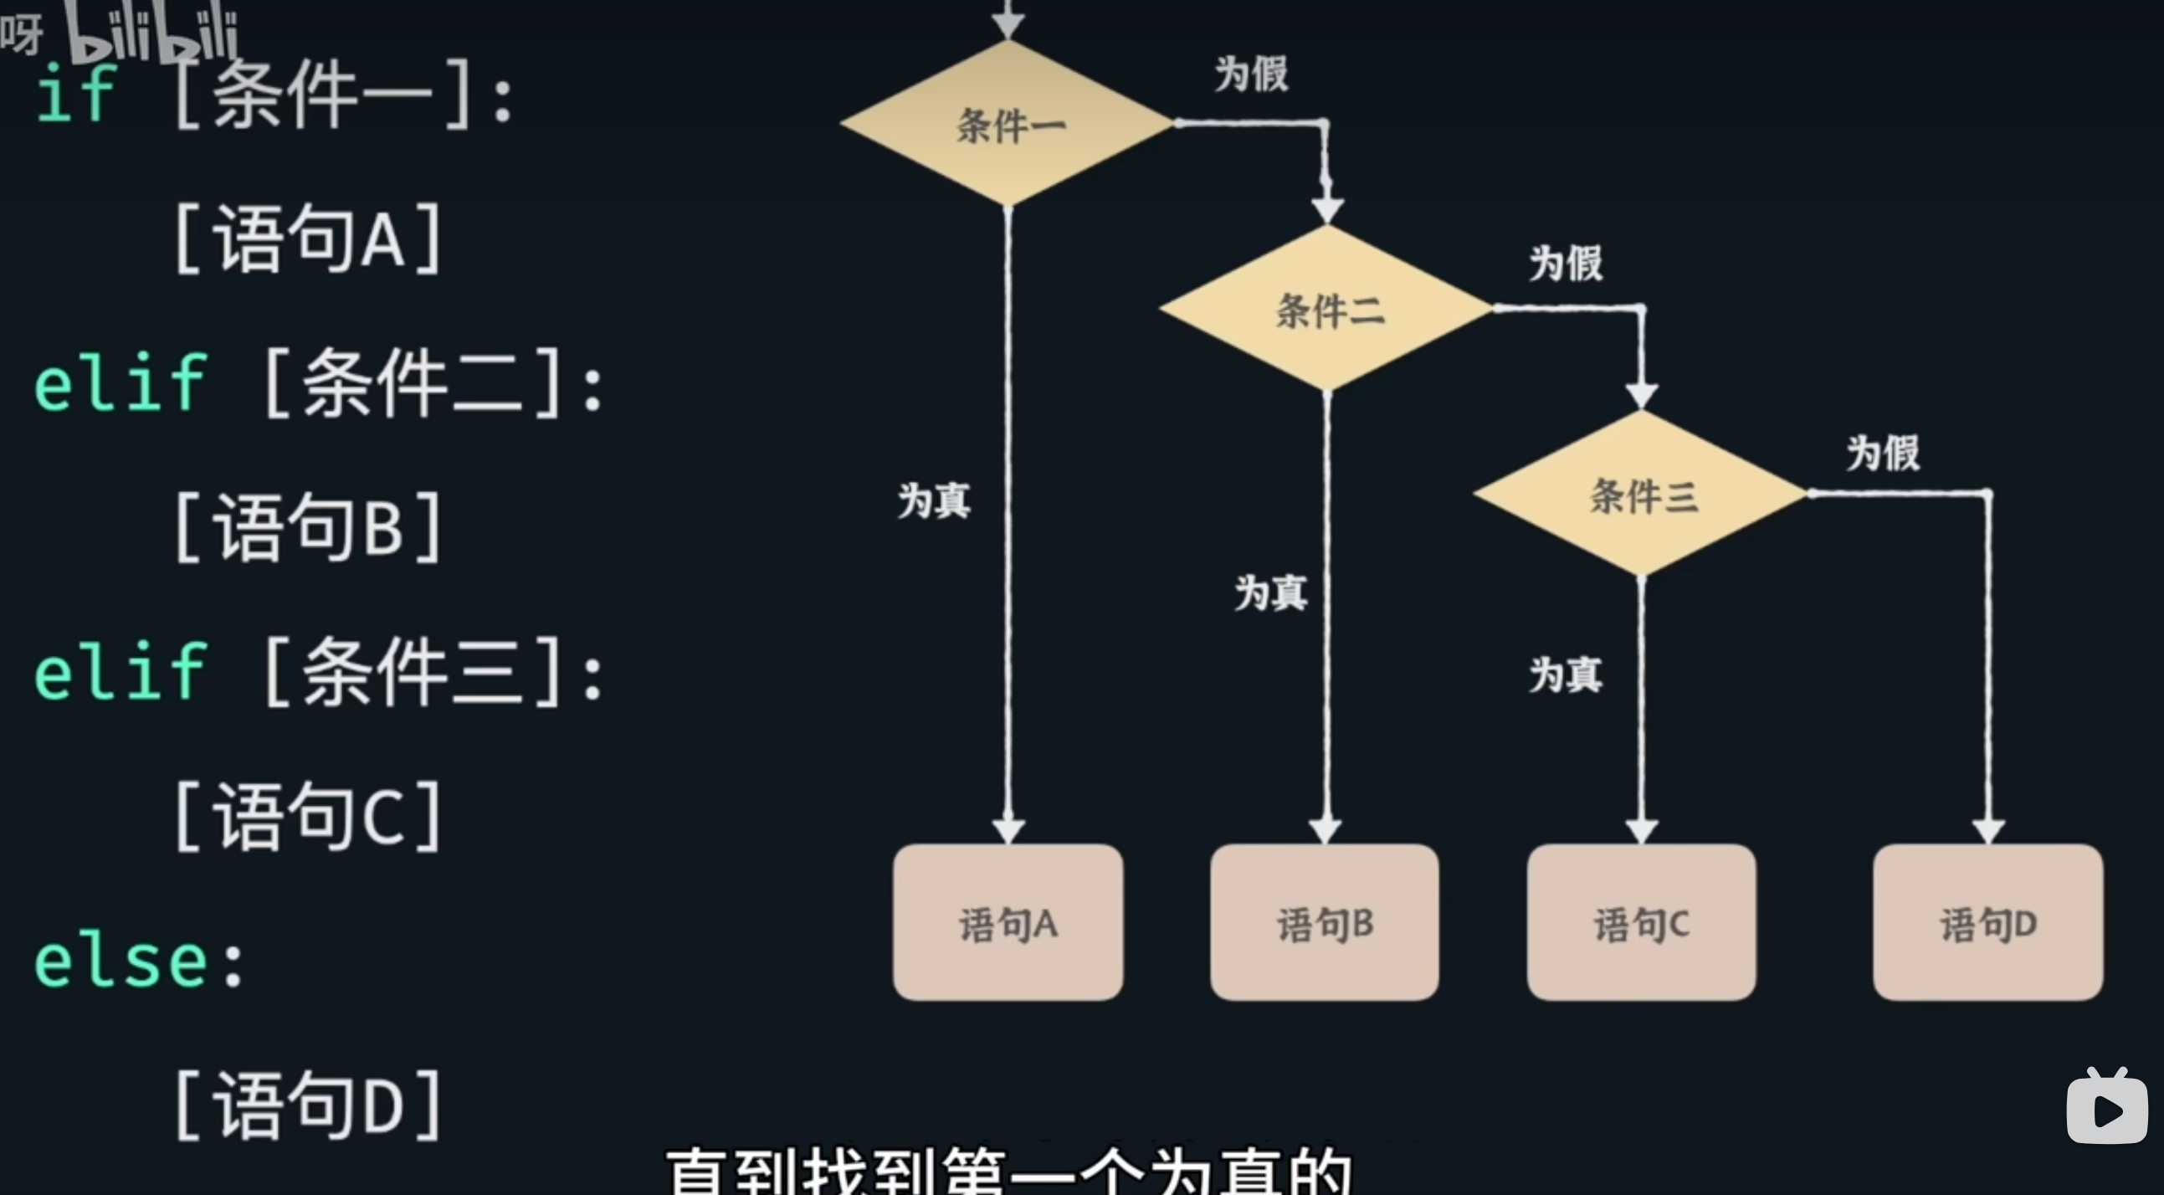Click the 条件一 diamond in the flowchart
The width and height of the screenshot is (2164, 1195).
[x=1008, y=124]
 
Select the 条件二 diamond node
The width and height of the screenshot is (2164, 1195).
[x=1326, y=309]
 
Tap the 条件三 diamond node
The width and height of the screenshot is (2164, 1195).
[x=1642, y=493]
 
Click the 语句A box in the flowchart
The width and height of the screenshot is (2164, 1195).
[x=1008, y=922]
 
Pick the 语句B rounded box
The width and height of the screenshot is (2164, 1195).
[x=1324, y=922]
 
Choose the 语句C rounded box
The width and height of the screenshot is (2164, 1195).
[x=1641, y=922]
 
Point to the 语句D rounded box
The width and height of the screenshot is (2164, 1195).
[x=1987, y=922]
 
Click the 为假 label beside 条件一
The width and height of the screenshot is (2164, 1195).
[x=1251, y=74]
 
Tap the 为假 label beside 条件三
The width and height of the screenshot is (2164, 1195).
[x=1883, y=453]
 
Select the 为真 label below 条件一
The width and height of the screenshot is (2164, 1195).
[x=933, y=501]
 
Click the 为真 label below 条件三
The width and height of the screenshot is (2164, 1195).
[x=1565, y=674]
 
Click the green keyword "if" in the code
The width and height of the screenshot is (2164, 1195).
[x=75, y=94]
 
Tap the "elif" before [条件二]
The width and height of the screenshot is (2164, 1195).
[x=121, y=383]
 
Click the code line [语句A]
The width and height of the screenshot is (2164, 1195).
[x=307, y=238]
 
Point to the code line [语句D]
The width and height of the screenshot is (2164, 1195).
[x=307, y=1105]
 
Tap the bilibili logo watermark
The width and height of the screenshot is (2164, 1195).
[x=151, y=33]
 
